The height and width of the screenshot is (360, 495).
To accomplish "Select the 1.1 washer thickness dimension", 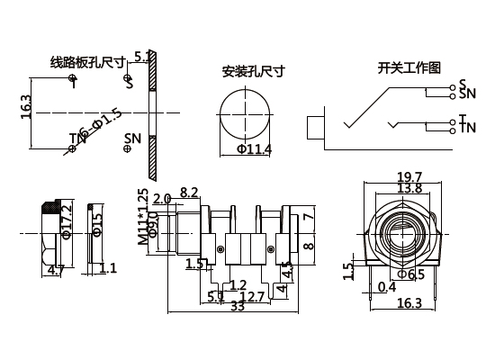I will pyautogui.click(x=108, y=268).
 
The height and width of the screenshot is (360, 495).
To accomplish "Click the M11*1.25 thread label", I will pyautogui.click(x=142, y=220).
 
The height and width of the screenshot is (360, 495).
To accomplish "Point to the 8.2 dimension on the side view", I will pyautogui.click(x=190, y=193).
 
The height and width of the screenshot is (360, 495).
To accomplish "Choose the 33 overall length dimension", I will pyautogui.click(x=238, y=306).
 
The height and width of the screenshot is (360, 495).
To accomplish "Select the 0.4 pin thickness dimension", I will pyautogui.click(x=387, y=286).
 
